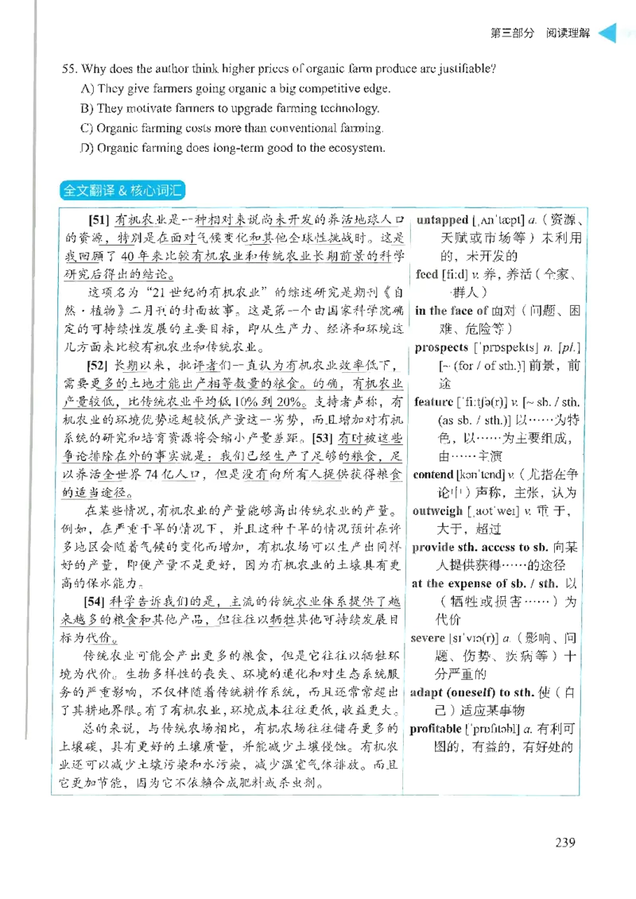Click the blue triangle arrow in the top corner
(607, 34)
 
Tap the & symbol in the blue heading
(126, 191)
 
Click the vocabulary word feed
(427, 274)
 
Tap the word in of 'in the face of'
(421, 311)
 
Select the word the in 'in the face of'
(439, 311)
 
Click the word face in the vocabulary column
(462, 311)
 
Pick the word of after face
(482, 311)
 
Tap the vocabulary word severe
(429, 638)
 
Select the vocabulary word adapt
(427, 692)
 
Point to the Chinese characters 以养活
(79, 476)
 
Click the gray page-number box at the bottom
(565, 842)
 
